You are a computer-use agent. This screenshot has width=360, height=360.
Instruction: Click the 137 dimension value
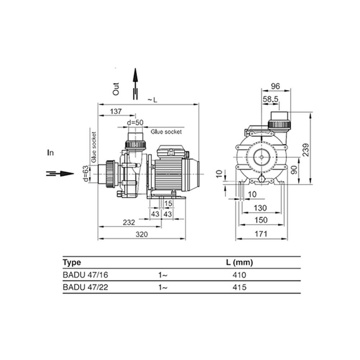(116, 111)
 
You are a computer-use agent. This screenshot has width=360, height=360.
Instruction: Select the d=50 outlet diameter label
(135, 123)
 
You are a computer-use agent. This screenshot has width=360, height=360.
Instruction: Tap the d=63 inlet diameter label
(85, 174)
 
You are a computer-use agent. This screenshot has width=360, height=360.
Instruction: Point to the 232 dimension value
(129, 222)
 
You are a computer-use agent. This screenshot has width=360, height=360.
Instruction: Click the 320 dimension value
(141, 234)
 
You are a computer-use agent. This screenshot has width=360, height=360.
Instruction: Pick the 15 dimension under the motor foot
(168, 203)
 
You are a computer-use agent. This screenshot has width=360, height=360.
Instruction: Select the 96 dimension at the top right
(275, 86)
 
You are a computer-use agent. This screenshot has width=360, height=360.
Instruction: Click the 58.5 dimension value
(270, 99)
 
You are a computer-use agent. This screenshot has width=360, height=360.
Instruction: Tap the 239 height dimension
(306, 150)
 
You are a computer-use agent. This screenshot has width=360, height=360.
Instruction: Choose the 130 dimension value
(260, 208)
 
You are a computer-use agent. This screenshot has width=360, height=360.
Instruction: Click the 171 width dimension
(261, 234)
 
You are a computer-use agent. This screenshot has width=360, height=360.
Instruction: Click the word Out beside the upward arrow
(116, 89)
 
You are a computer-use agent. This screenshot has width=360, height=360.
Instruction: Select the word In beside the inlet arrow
(50, 153)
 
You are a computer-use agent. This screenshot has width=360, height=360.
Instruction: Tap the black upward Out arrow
(135, 84)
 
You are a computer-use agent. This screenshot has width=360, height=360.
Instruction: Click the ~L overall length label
(152, 100)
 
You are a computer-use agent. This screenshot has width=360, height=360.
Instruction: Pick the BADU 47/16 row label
(85, 275)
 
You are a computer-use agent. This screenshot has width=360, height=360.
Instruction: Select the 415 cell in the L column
(239, 287)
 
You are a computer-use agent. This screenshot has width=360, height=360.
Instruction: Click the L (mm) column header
(239, 262)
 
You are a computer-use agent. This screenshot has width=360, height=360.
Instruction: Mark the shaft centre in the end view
(262, 157)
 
